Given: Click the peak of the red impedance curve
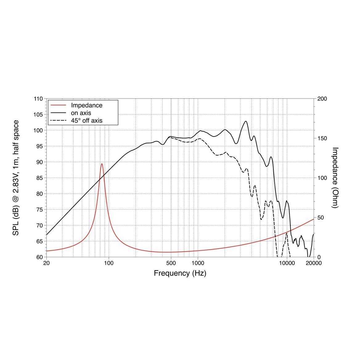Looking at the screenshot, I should (x=102, y=164).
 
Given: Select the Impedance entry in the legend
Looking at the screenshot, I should (x=87, y=105).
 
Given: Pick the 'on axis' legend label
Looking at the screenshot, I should (x=81, y=113).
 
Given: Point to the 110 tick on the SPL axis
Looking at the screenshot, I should (x=38, y=99).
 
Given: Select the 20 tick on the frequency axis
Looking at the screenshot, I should (x=47, y=263).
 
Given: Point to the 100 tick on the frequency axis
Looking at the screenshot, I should (x=109, y=263).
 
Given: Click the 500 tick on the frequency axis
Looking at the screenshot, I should (x=171, y=263).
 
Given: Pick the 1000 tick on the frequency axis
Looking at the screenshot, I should (x=198, y=263).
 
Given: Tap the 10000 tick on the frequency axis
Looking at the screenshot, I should (x=287, y=263).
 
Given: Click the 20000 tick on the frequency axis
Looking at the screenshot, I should (x=314, y=263).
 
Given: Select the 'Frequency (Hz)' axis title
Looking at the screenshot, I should (x=180, y=273).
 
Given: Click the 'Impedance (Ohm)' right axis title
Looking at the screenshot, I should (x=335, y=178).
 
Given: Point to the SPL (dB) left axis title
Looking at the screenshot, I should (x=16, y=178).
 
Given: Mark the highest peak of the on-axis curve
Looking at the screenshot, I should (x=246, y=121).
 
